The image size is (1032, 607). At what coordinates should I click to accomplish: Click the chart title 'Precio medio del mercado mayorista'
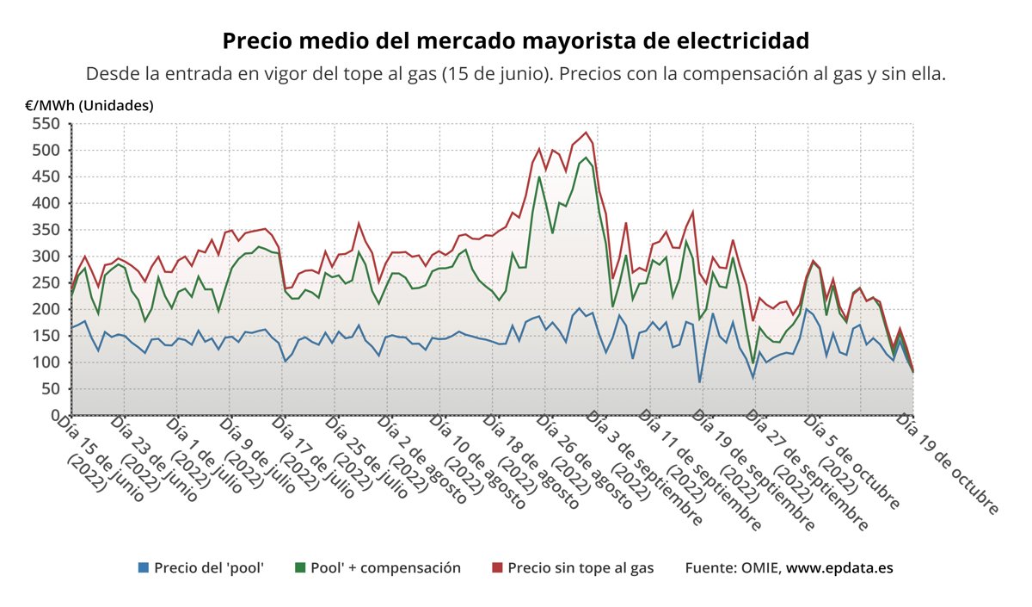coord(516,41)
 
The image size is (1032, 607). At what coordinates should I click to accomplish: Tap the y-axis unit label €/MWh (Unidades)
coord(89,106)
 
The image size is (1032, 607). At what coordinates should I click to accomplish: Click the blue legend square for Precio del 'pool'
coord(144,568)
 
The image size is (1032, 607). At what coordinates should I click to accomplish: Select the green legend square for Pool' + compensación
coord(300,568)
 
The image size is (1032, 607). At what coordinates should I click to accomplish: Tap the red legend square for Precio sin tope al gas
coord(497,568)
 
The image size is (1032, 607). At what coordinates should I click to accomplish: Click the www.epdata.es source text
coord(839,568)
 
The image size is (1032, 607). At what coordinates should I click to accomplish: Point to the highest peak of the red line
coord(586,133)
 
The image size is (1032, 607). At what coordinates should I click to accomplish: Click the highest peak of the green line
coord(586,158)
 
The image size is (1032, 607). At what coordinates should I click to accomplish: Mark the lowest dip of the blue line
coord(699,381)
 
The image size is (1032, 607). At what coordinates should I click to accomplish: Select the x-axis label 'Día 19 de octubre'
coord(948,463)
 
